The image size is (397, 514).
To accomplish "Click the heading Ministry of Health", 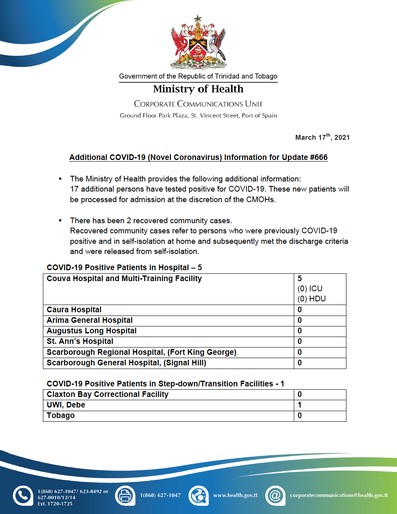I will [198, 89].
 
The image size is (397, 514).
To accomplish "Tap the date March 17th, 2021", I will [322, 137].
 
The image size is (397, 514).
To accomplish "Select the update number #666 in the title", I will [318, 158].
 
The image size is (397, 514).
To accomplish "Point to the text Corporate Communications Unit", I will [198, 104].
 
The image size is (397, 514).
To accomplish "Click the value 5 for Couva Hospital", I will [300, 279].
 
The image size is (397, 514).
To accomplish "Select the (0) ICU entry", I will [310, 289].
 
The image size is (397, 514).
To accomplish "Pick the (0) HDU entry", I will [312, 299].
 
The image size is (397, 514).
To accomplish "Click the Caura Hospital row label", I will [74, 310].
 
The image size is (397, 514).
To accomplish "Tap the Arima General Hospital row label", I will [89, 320].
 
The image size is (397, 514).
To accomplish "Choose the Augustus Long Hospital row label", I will [91, 331].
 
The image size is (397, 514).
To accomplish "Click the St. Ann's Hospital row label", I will [80, 341].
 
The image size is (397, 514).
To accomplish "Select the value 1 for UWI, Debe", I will [300, 405].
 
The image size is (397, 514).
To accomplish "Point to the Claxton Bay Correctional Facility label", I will [107, 395].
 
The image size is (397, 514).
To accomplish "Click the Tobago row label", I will [61, 416].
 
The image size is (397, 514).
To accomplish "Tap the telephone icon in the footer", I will [23, 495].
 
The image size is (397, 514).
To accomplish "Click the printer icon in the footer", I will [125, 495].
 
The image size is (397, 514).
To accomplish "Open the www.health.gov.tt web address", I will [235, 495].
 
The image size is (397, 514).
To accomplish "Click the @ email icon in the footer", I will [275, 495].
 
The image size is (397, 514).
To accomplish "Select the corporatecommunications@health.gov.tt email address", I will [339, 495].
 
